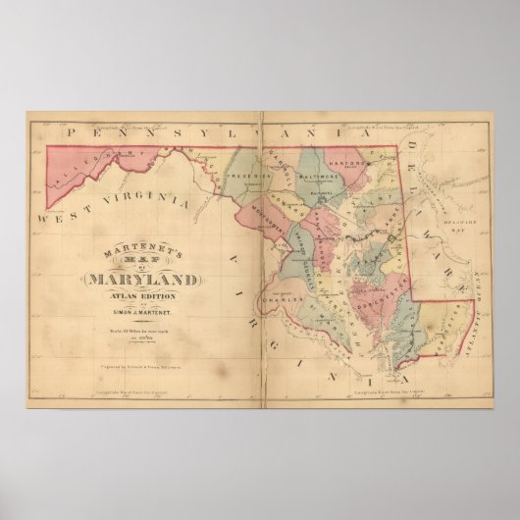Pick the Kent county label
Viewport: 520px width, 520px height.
click(376, 201)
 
